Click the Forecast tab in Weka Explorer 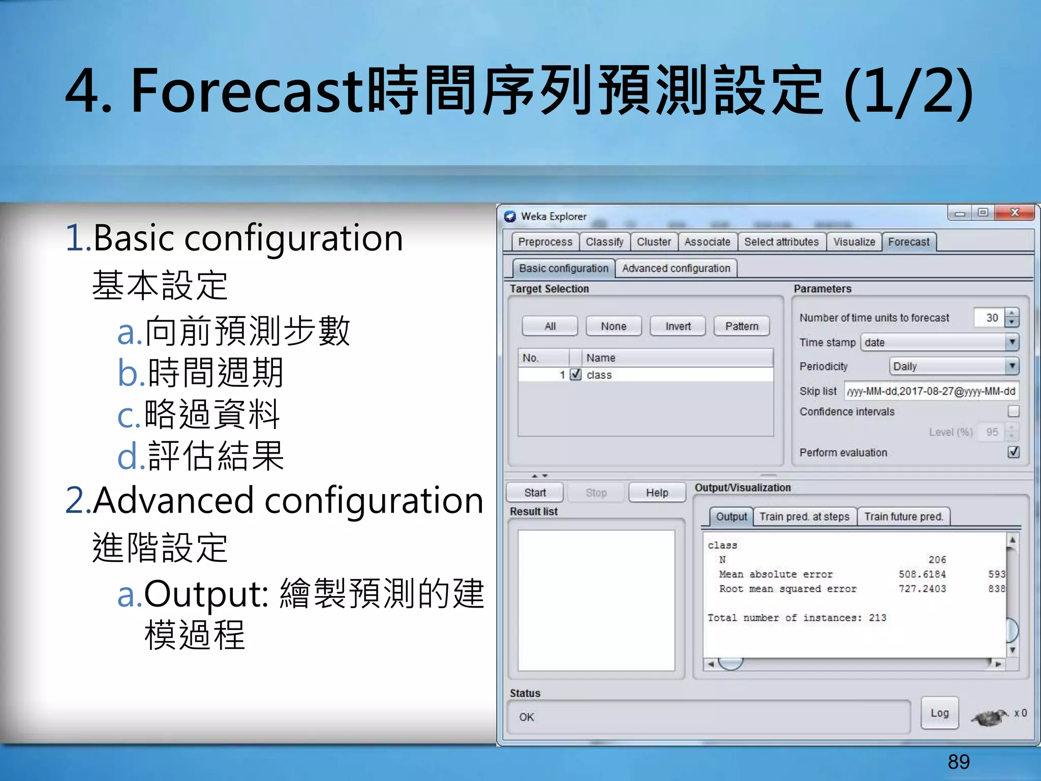pyautogui.click(x=908, y=242)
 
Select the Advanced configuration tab pyautogui.click(x=676, y=268)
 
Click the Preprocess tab pyautogui.click(x=544, y=242)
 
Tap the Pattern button pyautogui.click(x=741, y=326)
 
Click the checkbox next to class pyautogui.click(x=575, y=375)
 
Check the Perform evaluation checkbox pyautogui.click(x=1013, y=452)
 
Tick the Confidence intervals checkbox pyautogui.click(x=1013, y=411)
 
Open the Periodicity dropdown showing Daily pyautogui.click(x=954, y=366)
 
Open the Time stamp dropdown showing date pyautogui.click(x=939, y=342)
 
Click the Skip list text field pyautogui.click(x=931, y=391)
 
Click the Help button pyautogui.click(x=657, y=493)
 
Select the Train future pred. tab pyautogui.click(x=903, y=517)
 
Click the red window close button pyautogui.click(x=1015, y=213)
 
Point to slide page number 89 pyautogui.click(x=959, y=762)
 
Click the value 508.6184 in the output pyautogui.click(x=922, y=574)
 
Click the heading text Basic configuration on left pyautogui.click(x=248, y=238)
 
